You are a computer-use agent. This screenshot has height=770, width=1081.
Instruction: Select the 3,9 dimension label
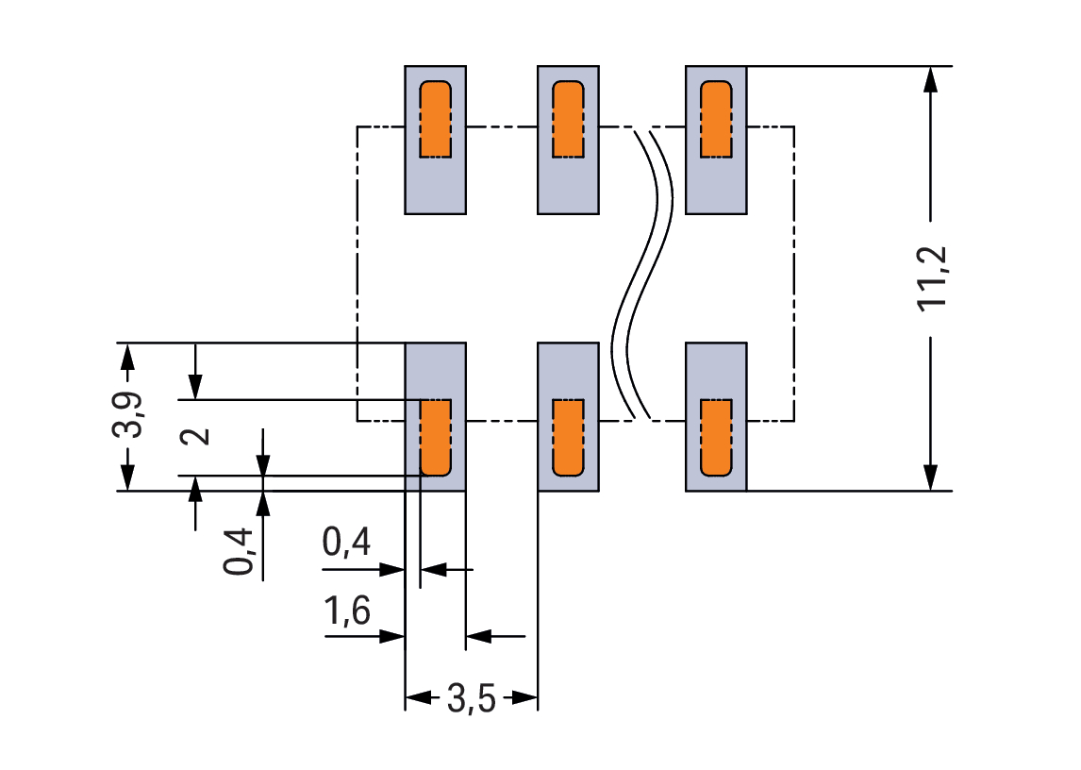point(128,415)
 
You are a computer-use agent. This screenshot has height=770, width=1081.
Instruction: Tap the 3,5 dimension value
point(471,700)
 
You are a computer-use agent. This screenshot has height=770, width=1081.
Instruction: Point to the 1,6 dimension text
point(346,614)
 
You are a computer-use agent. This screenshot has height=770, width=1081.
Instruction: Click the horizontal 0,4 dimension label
point(346,544)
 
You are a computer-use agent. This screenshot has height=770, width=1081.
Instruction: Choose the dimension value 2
point(195,436)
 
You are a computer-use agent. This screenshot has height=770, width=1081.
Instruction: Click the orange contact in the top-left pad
point(436,119)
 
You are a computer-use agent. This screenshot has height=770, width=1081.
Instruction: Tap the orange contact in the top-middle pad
point(568,119)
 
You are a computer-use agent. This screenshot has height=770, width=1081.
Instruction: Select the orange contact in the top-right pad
point(716,119)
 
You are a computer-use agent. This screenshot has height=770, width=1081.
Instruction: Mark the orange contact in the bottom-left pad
point(436,437)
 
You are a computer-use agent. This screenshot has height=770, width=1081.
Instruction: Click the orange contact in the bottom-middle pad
point(568,437)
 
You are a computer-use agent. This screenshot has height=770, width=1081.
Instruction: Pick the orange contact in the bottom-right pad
point(716,437)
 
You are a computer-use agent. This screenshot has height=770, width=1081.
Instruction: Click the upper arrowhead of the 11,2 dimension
point(931,78)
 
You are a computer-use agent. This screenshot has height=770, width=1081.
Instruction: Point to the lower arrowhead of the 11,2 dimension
point(931,478)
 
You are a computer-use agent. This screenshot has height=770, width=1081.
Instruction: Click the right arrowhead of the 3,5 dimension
point(525,700)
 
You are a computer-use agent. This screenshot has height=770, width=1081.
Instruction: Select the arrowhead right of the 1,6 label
point(392,636)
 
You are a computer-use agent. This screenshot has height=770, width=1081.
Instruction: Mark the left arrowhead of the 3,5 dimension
point(417,700)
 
